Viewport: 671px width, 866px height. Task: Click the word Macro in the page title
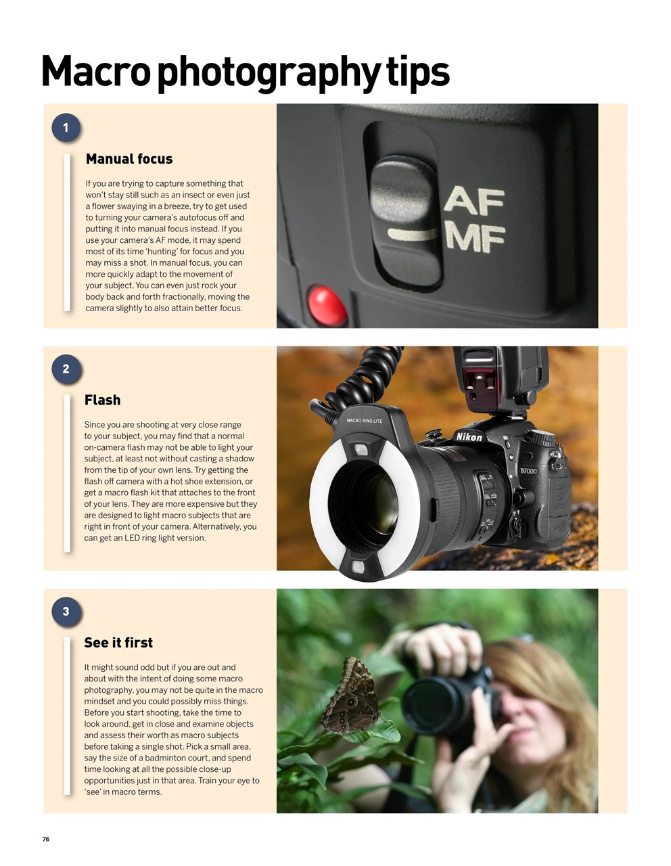coord(95,72)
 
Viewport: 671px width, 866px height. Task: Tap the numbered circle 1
coord(66,128)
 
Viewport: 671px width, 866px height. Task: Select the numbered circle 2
coord(66,369)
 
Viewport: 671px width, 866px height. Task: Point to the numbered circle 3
coord(66,612)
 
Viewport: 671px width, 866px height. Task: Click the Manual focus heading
coord(129,159)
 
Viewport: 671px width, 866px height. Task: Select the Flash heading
coord(103,401)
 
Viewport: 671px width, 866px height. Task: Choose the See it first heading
coord(118,643)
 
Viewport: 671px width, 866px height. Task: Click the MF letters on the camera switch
coord(476,239)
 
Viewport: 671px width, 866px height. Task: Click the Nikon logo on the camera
coord(469,437)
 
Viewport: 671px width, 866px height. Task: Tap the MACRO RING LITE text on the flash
coord(365,421)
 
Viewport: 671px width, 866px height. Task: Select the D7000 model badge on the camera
coord(528,471)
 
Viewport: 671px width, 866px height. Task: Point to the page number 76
coord(46,839)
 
